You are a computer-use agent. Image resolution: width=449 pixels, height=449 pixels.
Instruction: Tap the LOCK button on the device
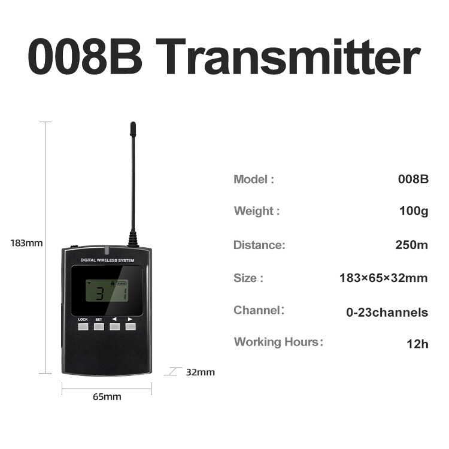(83, 327)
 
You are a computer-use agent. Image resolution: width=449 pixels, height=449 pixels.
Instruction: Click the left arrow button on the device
(114, 327)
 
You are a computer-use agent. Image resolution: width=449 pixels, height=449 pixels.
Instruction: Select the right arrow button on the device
(130, 327)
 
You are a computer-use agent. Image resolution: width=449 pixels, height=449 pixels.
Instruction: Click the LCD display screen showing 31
(107, 290)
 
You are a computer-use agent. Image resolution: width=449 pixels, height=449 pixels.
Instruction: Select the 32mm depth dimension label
(200, 372)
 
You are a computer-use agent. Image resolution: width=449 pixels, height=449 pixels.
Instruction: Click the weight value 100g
(413, 211)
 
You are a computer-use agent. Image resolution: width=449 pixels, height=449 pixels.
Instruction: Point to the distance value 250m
(411, 245)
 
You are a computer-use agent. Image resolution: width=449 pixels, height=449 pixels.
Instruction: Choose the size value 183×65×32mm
(383, 278)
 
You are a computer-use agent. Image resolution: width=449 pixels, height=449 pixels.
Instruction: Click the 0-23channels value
(387, 312)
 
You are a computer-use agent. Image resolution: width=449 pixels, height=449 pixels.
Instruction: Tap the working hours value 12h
(417, 344)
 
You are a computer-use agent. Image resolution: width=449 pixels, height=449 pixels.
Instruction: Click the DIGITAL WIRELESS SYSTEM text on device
(107, 260)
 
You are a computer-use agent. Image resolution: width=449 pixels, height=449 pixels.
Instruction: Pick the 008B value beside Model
(413, 179)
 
